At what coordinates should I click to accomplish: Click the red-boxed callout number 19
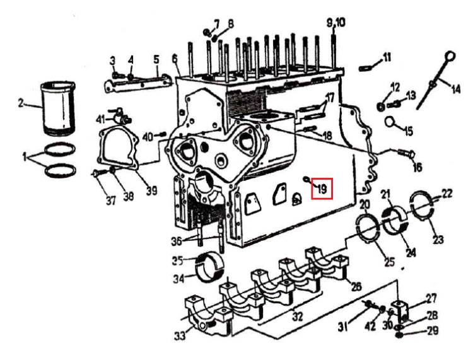pos(322,189)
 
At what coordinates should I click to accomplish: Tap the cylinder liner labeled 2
pos(58,108)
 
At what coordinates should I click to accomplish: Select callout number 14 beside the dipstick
pos(455,89)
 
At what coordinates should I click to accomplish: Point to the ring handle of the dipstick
pos(450,56)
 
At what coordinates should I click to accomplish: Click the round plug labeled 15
pos(390,122)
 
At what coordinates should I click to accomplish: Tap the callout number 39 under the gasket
pos(152,190)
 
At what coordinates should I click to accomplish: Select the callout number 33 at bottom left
pos(180,335)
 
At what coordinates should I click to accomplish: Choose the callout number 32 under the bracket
pos(298,316)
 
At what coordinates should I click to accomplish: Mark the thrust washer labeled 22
pos(423,203)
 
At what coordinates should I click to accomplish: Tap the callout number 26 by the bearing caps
pos(356,286)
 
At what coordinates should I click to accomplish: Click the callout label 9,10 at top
pos(336,22)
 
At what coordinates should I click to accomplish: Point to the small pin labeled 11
pos(366,69)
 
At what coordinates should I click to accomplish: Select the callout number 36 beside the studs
pos(177,241)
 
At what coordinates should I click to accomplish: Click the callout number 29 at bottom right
pos(433,331)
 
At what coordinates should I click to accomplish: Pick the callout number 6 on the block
pos(175,59)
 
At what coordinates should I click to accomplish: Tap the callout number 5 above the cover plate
pos(156,59)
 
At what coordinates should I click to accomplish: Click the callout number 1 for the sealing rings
pos(25,156)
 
